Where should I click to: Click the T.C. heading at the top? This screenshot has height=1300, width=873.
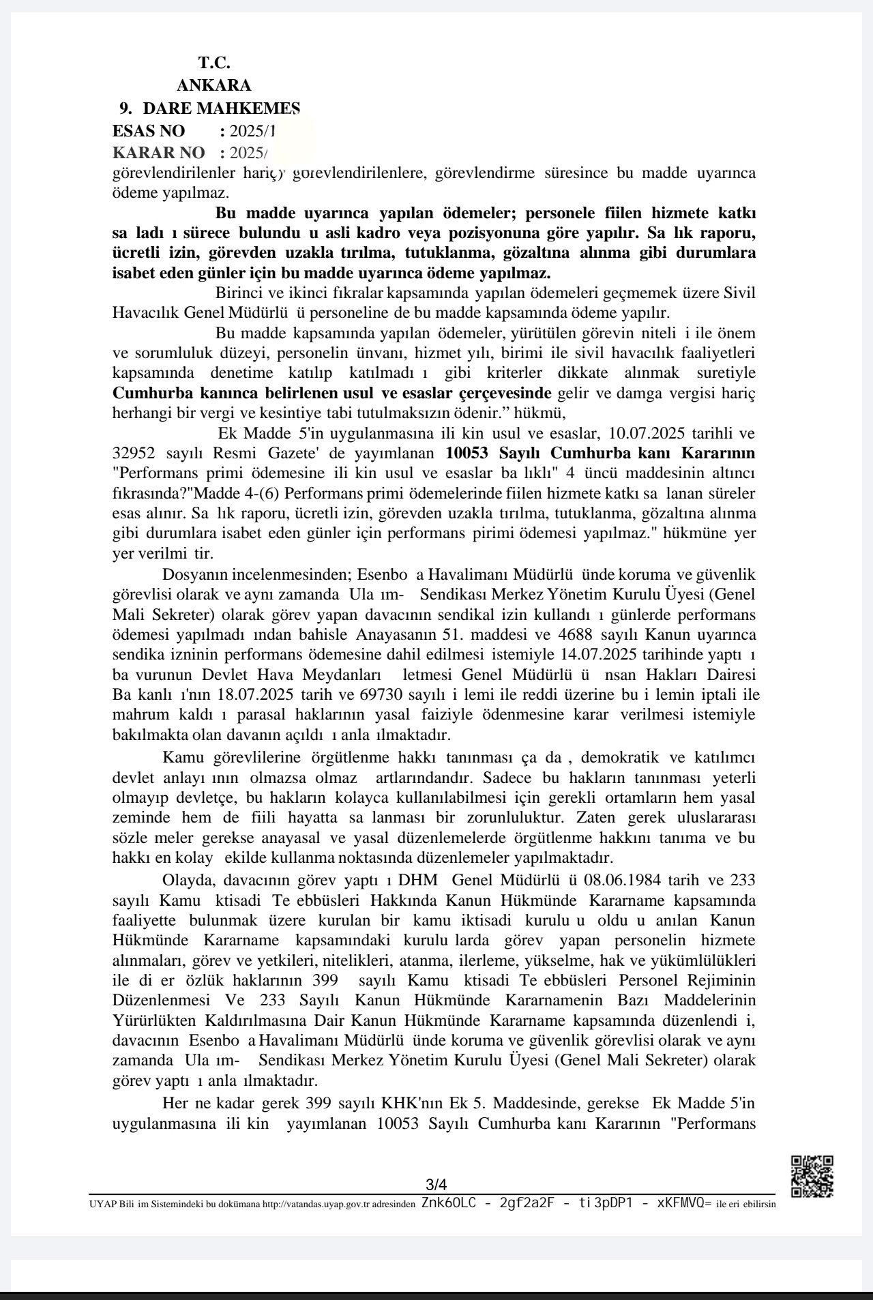click(214, 63)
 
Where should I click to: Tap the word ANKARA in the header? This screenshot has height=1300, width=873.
click(213, 85)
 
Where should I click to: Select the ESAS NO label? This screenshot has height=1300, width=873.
click(149, 131)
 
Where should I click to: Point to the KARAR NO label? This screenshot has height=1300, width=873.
click(158, 152)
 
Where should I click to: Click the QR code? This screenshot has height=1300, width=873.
click(812, 1176)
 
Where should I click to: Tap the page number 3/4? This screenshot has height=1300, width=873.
click(436, 1184)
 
